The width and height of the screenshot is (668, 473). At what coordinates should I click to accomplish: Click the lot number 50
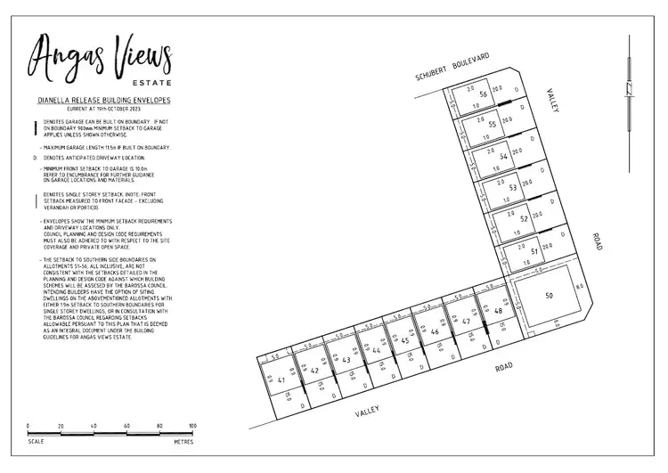click(x=550, y=295)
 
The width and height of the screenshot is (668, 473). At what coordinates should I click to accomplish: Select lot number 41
click(x=281, y=381)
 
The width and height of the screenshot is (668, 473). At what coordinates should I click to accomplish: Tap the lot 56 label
click(x=483, y=94)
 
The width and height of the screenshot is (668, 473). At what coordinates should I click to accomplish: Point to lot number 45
click(x=404, y=341)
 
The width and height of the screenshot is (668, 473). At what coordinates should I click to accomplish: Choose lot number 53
click(x=513, y=188)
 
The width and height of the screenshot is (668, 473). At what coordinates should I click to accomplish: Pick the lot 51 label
click(x=534, y=252)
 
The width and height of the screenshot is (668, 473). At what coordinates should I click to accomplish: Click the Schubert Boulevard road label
click(x=452, y=68)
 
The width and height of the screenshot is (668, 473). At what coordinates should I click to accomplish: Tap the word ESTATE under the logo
click(x=153, y=85)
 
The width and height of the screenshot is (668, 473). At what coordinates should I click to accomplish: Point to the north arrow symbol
click(x=630, y=89)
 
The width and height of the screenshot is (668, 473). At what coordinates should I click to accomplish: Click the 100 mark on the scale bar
click(x=192, y=426)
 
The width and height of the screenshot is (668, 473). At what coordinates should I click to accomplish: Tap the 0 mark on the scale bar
click(x=28, y=426)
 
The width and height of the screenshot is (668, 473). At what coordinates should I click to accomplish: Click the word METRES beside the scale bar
click(x=183, y=441)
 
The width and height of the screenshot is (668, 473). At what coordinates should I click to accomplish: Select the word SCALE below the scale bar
click(x=36, y=441)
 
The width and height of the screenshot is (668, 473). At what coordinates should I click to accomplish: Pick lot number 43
click(x=346, y=360)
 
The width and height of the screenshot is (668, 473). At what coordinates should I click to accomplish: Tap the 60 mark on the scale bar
click(x=126, y=426)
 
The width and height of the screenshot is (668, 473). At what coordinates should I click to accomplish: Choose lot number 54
click(x=503, y=157)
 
